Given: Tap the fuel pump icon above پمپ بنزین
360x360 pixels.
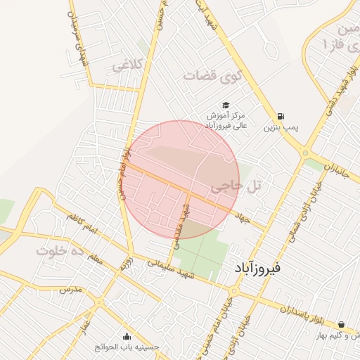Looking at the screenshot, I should (x=281, y=116).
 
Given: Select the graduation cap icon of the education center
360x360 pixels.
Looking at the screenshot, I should (x=226, y=103).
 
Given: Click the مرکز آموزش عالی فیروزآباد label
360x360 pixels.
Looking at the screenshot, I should (x=226, y=119).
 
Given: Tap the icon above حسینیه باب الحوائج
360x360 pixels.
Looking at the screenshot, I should (x=127, y=336).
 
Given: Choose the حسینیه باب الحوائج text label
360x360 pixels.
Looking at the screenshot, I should (x=127, y=347).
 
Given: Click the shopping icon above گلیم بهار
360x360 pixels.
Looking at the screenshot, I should (x=341, y=325).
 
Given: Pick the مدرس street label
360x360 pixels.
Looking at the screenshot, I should (x=70, y=289).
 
